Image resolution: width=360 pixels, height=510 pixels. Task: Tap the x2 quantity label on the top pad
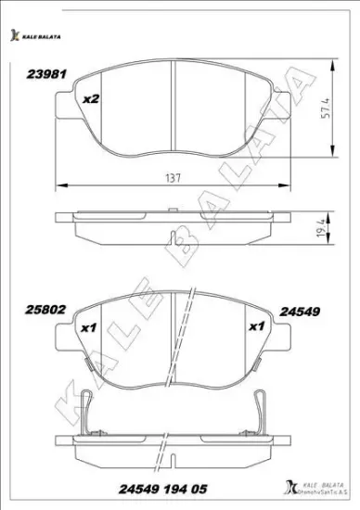(91, 99)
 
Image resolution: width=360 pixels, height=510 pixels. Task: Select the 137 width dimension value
(173, 177)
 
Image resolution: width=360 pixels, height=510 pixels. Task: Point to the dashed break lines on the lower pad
(183, 338)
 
